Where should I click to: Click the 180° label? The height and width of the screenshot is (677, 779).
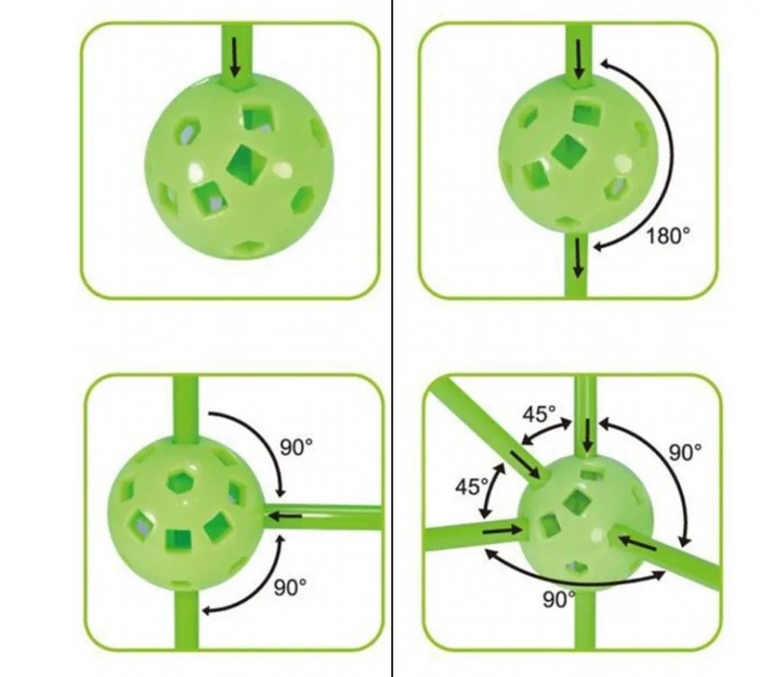(668, 236)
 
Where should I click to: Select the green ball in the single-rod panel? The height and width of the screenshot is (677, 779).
(240, 167)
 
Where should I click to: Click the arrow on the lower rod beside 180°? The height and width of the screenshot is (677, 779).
(577, 257)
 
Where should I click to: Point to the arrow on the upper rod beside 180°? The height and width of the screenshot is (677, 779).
(578, 59)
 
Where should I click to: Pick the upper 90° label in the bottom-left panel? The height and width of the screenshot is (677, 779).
(297, 447)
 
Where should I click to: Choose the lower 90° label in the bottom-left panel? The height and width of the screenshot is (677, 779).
(290, 587)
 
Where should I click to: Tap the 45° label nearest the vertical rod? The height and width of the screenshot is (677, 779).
(539, 414)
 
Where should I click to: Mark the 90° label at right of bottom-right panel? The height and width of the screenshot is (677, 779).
(685, 452)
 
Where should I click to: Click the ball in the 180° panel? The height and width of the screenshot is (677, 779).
(578, 154)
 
